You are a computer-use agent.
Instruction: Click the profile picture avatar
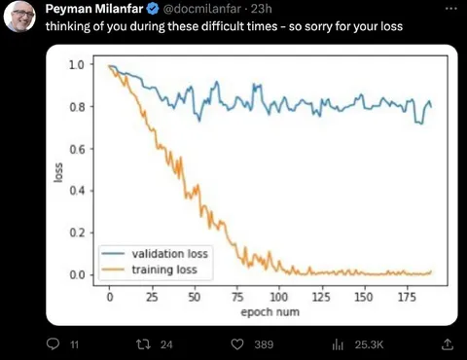[19, 17]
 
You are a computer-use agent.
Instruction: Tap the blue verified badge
[153, 9]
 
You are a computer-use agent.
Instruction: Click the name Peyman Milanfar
[94, 9]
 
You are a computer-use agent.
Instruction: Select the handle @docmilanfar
[201, 9]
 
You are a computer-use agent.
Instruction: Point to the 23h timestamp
[261, 9]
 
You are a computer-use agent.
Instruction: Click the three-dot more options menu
[451, 9]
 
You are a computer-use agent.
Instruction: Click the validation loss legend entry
[155, 254]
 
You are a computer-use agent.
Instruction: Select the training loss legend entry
[149, 270]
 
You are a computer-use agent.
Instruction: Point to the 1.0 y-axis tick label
[77, 64]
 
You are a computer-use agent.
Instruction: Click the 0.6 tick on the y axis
[77, 149]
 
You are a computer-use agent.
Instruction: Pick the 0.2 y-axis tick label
[77, 233]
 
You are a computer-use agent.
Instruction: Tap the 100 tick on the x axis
[279, 297]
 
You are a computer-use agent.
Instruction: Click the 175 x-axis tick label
[407, 297]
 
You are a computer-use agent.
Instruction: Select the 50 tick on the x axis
[195, 297]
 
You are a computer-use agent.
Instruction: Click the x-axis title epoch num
[269, 312]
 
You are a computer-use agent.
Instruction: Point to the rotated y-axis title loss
[58, 172]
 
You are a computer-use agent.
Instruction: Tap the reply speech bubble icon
[53, 344]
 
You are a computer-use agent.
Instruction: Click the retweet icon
[143, 344]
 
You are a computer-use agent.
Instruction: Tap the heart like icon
[237, 344]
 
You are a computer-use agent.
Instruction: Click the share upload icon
[448, 344]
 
